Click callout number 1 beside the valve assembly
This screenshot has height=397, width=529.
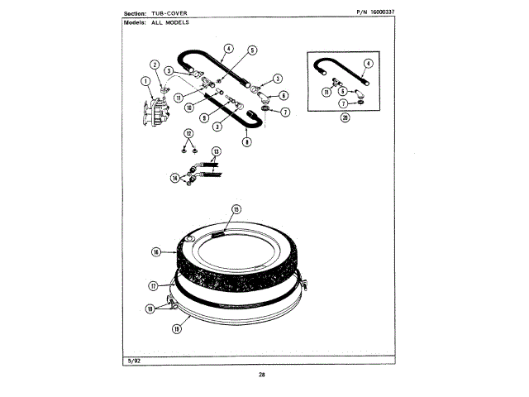click(145, 81)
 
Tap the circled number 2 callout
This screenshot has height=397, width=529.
click(155, 65)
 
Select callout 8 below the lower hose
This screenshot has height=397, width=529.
click(246, 142)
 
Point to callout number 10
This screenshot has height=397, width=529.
click(189, 107)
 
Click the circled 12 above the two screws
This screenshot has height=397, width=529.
click(188, 133)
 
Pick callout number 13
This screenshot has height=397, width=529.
click(217, 151)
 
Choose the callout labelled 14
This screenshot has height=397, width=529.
click(175, 177)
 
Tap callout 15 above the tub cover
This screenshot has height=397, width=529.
click(236, 209)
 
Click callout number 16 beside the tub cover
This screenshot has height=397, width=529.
click(155, 251)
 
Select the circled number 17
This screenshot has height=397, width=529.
click(153, 285)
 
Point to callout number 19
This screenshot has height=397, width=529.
click(176, 328)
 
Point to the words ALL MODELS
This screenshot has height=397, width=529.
click(170, 22)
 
